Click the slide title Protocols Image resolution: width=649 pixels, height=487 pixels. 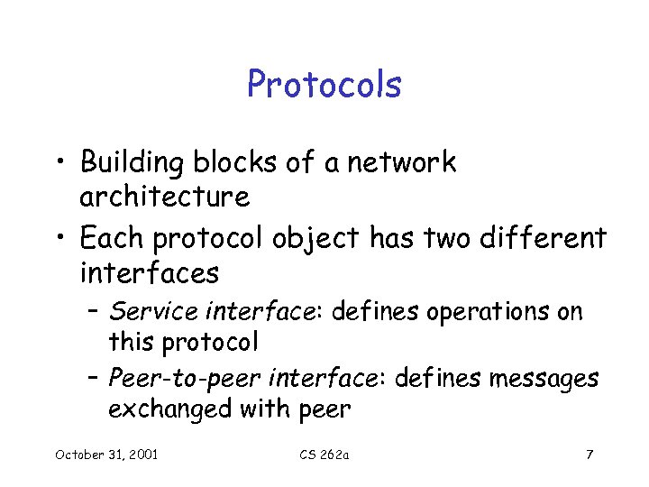324,85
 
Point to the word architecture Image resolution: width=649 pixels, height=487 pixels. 164,196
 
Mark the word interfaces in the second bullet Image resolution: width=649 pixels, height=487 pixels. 149,271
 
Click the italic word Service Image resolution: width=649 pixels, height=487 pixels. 153,312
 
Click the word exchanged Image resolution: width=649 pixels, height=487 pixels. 169,409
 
